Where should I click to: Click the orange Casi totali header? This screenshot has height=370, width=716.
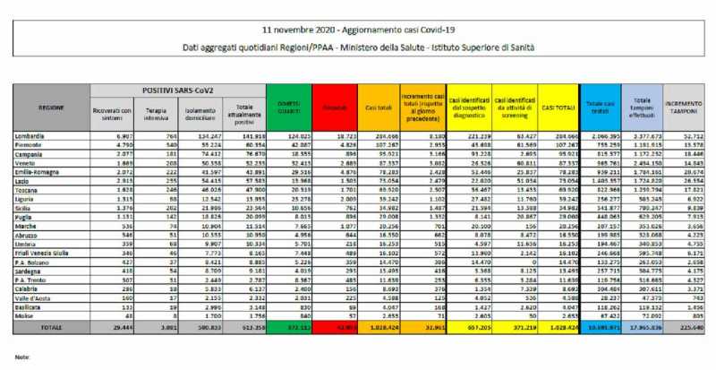[379, 107]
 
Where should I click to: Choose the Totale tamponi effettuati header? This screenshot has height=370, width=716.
[638, 106]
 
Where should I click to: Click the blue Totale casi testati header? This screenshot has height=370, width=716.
[593, 106]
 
